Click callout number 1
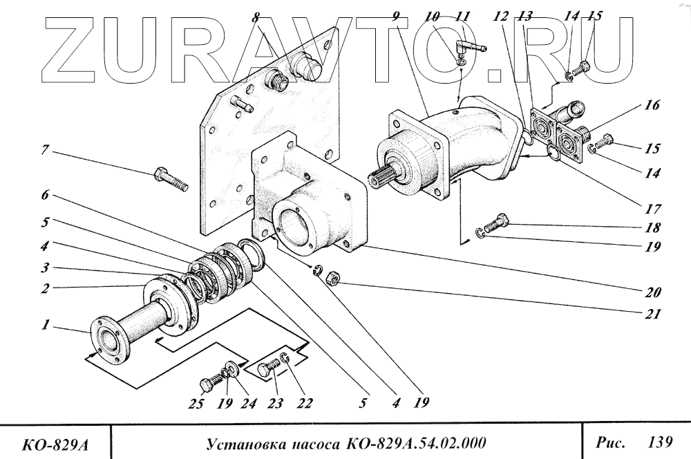click(45, 324)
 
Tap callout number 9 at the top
click(395, 16)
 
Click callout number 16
click(653, 106)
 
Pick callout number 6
click(46, 196)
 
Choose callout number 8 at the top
click(256, 16)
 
